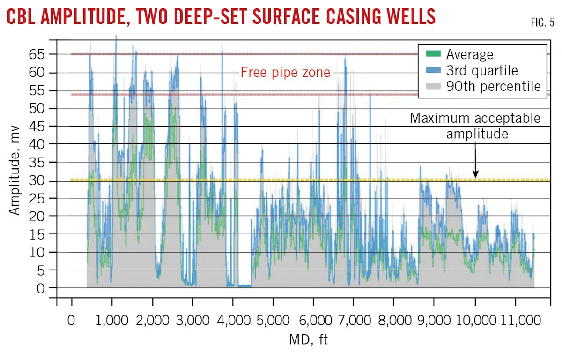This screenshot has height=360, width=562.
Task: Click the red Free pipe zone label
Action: pyautogui.click(x=285, y=73)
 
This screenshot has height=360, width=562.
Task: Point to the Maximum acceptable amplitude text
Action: pyautogui.click(x=475, y=126)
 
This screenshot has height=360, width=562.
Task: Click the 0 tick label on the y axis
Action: pyautogui.click(x=43, y=288)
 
